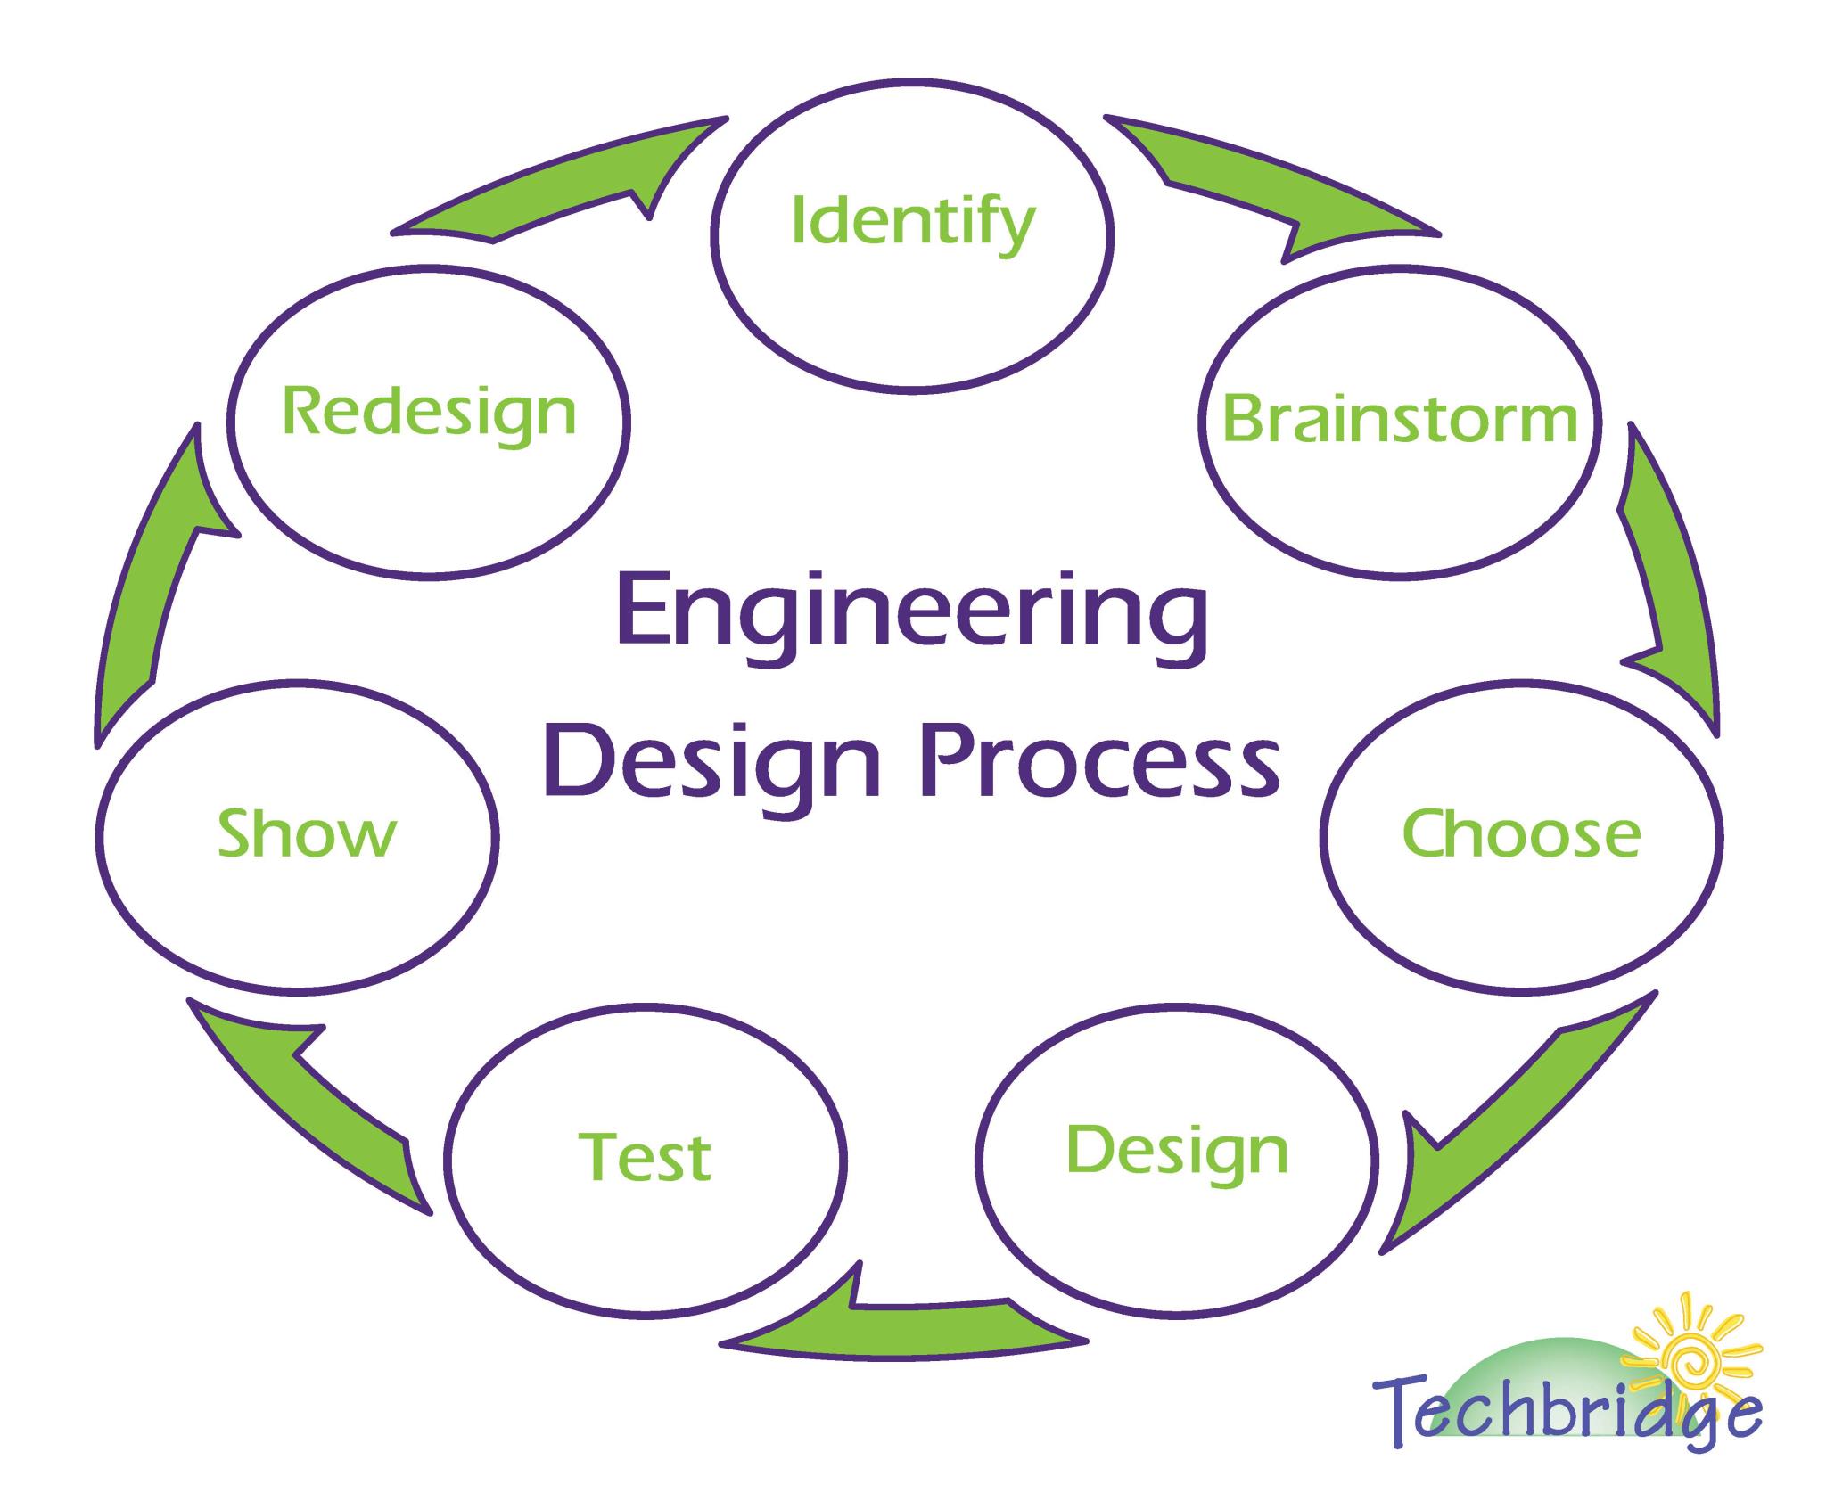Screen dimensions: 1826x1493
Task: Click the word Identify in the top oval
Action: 913,222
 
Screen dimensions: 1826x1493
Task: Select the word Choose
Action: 1521,833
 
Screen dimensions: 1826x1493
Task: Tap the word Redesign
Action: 429,414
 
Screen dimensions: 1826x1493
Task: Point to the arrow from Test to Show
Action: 312,1105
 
